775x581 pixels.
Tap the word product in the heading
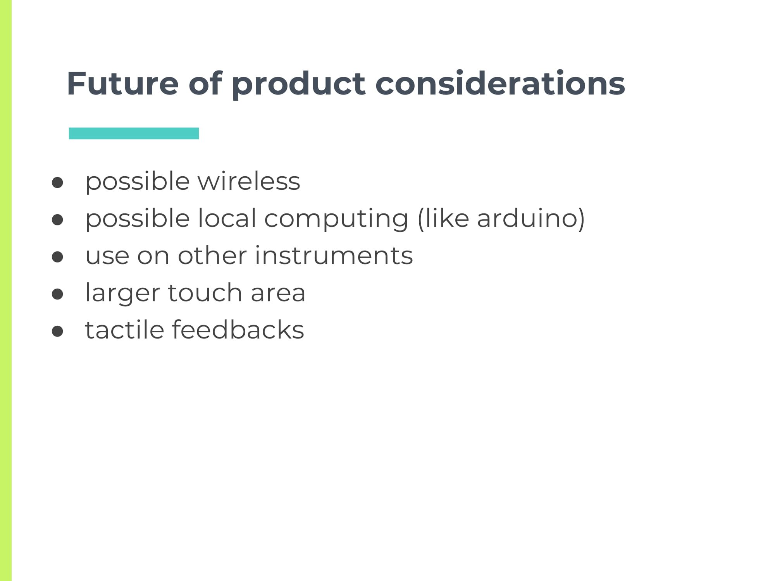pyautogui.click(x=298, y=84)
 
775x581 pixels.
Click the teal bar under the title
pyautogui.click(x=134, y=133)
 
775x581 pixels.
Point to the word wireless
pyautogui.click(x=248, y=181)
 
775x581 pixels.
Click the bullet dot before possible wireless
pyautogui.click(x=57, y=183)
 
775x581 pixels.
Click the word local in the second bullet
pyautogui.click(x=227, y=218)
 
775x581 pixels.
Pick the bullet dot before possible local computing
pyautogui.click(x=57, y=220)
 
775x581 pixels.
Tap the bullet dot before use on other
pyautogui.click(x=57, y=257)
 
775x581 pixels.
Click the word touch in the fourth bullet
pyautogui.click(x=205, y=292)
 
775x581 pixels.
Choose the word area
pyautogui.click(x=278, y=293)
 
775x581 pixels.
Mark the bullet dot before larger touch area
pyautogui.click(x=57, y=294)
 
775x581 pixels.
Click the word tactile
pyautogui.click(x=124, y=330)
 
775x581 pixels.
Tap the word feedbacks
pyautogui.click(x=238, y=330)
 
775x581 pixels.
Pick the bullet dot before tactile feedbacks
pyautogui.click(x=57, y=332)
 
